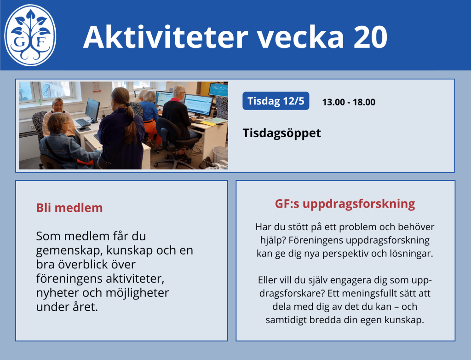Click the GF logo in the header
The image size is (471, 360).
coord(30,35)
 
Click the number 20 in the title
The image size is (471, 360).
coord(370,37)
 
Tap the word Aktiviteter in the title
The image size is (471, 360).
coord(166,36)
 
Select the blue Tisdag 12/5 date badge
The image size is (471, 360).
coord(276,101)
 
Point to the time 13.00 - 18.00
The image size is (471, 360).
coord(349,102)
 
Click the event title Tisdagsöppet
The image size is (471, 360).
coord(282,133)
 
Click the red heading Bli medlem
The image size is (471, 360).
coord(69,208)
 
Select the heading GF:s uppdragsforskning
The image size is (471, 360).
coord(345,204)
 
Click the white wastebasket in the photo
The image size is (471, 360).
coord(220,154)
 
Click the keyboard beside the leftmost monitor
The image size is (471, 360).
coord(83,122)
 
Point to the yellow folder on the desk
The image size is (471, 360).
coord(208,123)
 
